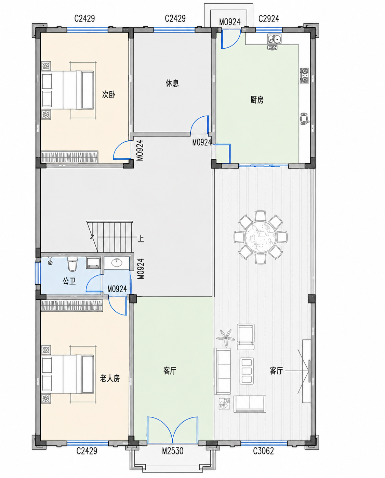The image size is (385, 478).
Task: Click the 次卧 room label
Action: (108, 94)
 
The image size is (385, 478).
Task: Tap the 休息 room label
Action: (172, 83)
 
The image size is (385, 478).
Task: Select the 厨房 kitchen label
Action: (257, 100)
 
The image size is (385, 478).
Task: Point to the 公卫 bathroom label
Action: (69, 281)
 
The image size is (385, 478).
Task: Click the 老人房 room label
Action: (110, 378)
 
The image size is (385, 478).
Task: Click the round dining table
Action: (261, 237)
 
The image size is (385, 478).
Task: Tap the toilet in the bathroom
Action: (72, 264)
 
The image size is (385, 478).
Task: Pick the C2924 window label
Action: (269, 19)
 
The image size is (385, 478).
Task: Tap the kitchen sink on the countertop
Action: (274, 39)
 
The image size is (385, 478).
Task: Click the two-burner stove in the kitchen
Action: (304, 76)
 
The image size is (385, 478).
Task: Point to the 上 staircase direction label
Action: (141, 238)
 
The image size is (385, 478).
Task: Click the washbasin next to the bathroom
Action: (117, 263)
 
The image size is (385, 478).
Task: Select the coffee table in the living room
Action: (247, 371)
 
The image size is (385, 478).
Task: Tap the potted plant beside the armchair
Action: (226, 337)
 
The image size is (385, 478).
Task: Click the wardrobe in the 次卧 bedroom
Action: (69, 157)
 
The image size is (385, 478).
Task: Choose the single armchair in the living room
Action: (245, 337)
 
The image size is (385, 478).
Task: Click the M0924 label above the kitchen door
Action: (230, 22)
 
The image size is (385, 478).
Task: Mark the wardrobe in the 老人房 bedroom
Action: (72, 306)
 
